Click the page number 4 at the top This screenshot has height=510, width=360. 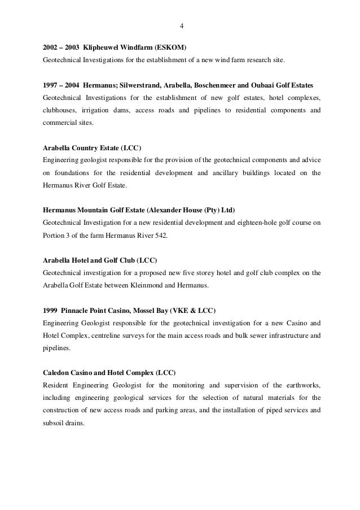[x=181, y=26]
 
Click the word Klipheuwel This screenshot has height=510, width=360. [x=101, y=47]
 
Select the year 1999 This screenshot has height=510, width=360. [x=51, y=312]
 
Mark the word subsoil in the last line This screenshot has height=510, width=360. [x=54, y=422]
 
